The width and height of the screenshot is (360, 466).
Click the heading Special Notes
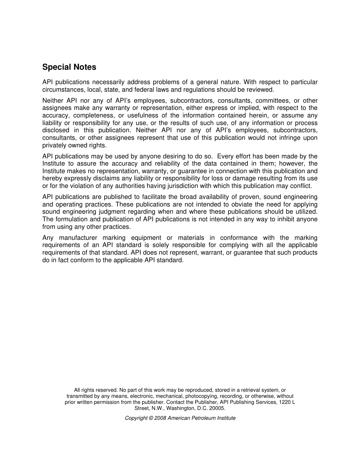(69, 67)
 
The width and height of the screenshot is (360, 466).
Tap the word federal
(138, 90)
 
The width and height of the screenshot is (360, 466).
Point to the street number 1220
(285, 402)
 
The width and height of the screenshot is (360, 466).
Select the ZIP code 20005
(218, 408)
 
